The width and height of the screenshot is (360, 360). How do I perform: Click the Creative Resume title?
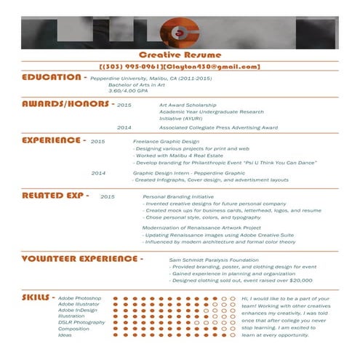[180, 55]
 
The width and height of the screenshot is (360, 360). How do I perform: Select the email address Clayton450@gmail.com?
[212, 66]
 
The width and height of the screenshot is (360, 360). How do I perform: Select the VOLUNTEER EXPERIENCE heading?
[79, 258]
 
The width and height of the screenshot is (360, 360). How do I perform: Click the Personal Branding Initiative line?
[178, 196]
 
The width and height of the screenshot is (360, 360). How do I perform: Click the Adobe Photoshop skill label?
[79, 298]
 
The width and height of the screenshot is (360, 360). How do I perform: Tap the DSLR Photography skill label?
[81, 322]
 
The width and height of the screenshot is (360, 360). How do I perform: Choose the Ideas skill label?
[65, 335]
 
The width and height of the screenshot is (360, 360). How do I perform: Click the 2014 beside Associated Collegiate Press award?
[124, 127]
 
